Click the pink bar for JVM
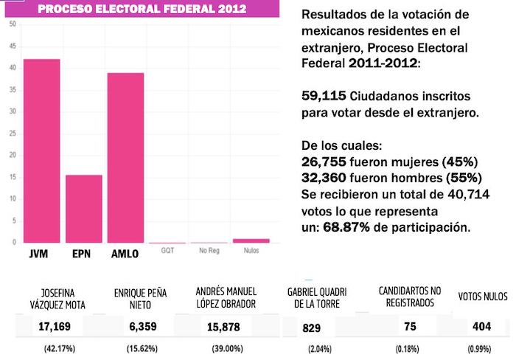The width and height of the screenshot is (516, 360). coord(41,150)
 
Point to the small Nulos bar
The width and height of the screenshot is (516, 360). coord(250,240)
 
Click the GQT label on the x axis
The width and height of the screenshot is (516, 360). coord(167,251)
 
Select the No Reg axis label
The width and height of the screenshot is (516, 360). coord(209,251)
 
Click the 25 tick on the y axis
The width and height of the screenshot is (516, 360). coord(13,134)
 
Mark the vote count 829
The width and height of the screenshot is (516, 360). coord(313,326)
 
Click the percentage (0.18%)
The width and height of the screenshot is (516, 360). coord(405,348)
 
